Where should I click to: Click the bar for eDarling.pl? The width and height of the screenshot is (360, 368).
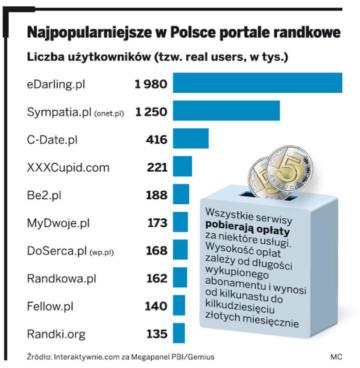click(x=257, y=83)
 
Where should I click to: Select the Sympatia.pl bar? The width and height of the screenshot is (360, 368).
click(x=226, y=111)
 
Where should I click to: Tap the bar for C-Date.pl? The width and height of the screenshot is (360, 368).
click(x=190, y=139)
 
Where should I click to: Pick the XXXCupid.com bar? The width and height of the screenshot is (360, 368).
click(x=182, y=167)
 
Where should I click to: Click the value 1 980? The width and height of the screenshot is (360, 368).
click(x=150, y=84)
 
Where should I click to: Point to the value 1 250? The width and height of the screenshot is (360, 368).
click(x=150, y=112)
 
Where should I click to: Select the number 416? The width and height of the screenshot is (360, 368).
click(x=156, y=140)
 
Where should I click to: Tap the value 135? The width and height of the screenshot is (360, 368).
click(x=157, y=334)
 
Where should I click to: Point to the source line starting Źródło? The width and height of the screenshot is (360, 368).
click(x=120, y=357)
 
